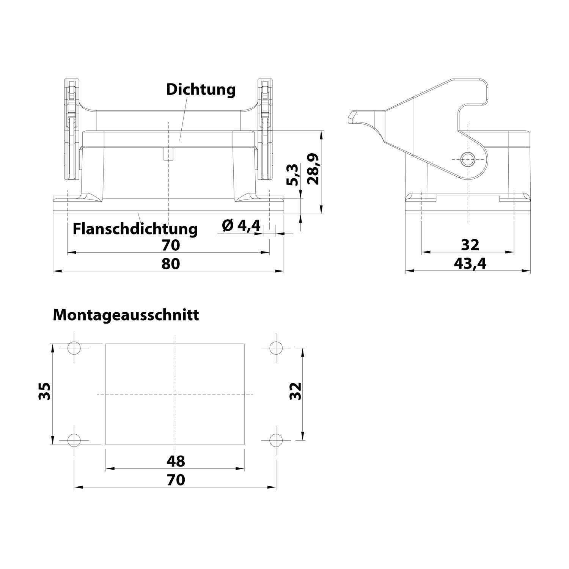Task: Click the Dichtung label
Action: pyautogui.click(x=201, y=90)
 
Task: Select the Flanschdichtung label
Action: pyautogui.click(x=135, y=229)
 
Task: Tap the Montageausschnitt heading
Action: pyautogui.click(x=126, y=315)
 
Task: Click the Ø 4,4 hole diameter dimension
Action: pyautogui.click(x=241, y=226)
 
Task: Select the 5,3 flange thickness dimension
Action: pyautogui.click(x=292, y=175)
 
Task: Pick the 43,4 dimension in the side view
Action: pyautogui.click(x=470, y=263)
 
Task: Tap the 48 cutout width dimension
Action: pyautogui.click(x=176, y=461)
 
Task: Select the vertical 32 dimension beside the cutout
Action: pyautogui.click(x=295, y=391)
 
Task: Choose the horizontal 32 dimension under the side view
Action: pyautogui.click(x=470, y=245)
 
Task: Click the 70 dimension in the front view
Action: pyautogui.click(x=171, y=245)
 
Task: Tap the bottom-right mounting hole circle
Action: pyautogui.click(x=276, y=440)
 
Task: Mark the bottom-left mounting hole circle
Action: pyautogui.click(x=74, y=440)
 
